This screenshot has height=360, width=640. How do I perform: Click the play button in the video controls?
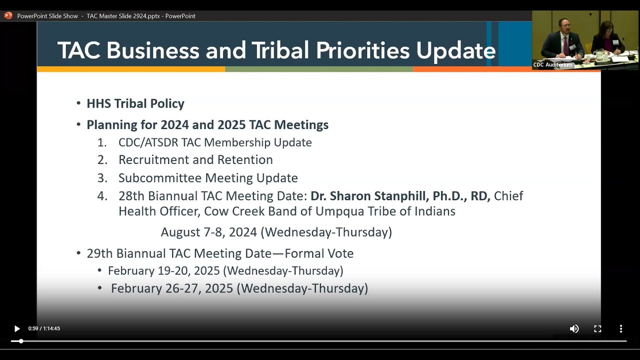(x=17, y=328)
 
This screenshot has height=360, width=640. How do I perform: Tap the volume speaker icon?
(x=574, y=328)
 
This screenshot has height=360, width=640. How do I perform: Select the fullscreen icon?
(x=597, y=328)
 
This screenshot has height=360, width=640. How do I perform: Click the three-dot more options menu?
(x=621, y=328)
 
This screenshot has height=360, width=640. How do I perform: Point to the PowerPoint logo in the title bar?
(x=8, y=15)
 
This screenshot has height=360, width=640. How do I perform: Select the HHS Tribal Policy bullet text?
(x=135, y=103)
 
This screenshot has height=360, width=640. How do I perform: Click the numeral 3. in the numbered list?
(x=102, y=178)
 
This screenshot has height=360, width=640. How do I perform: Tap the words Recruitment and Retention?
(x=195, y=160)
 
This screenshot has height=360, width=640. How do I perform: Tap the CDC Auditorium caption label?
(x=552, y=64)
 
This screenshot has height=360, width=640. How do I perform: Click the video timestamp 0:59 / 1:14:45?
(x=44, y=328)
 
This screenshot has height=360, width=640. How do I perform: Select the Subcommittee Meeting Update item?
(x=208, y=178)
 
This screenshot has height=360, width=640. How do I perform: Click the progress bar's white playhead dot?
(x=21, y=341)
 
